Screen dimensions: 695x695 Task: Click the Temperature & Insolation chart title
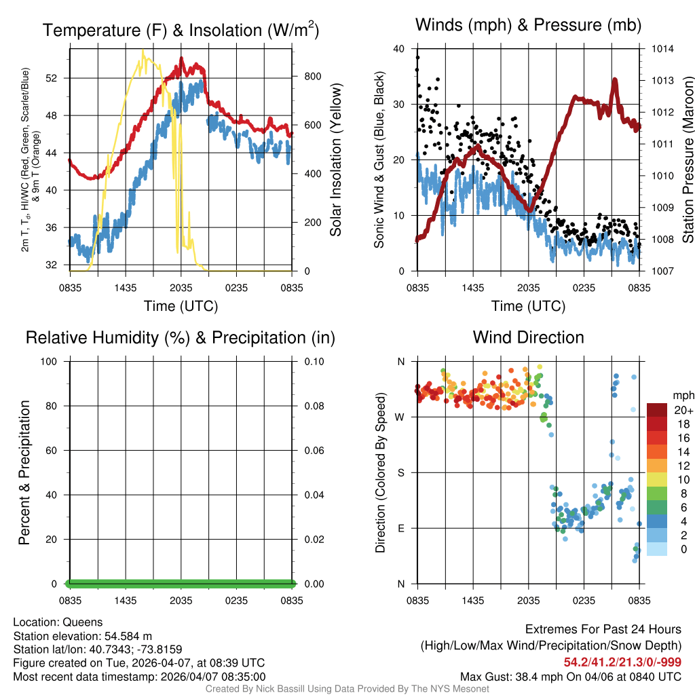click(181, 31)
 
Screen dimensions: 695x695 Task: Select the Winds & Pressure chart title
click(528, 26)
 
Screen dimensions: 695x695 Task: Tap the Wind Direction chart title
click(528, 337)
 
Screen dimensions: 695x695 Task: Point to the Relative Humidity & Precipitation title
click(181, 337)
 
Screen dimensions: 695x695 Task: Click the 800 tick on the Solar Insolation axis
click(312, 77)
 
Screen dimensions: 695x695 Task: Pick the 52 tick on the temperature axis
click(58, 78)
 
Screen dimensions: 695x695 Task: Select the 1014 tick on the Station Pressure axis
click(662, 49)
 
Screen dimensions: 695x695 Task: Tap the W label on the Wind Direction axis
click(400, 417)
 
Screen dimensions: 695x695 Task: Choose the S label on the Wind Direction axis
click(401, 472)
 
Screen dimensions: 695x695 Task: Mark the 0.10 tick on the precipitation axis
click(314, 361)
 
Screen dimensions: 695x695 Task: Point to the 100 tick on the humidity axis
click(54, 361)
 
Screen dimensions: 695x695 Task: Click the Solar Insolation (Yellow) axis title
click(335, 160)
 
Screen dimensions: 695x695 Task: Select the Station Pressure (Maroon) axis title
click(687, 160)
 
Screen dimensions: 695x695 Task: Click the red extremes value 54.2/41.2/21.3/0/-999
click(622, 662)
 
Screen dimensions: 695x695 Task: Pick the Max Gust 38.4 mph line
click(570, 676)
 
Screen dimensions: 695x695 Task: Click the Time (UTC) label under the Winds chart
click(528, 306)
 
